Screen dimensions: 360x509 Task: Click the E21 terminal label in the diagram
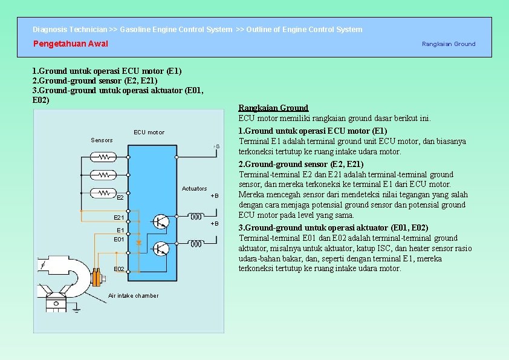click(x=118, y=217)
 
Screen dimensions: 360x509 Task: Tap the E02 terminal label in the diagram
click(x=118, y=269)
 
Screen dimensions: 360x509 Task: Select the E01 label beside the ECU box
click(x=118, y=240)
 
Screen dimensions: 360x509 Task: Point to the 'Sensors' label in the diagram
click(x=102, y=140)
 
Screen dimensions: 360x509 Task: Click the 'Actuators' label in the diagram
click(x=194, y=189)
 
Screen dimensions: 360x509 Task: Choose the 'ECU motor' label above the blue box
click(x=149, y=132)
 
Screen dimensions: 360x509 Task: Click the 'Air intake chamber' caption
click(x=133, y=296)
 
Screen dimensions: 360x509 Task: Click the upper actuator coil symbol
click(x=196, y=216)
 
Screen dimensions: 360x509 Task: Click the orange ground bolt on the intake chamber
click(x=96, y=279)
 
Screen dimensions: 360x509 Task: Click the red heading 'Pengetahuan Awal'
click(x=71, y=44)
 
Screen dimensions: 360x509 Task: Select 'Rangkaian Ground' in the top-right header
click(x=448, y=44)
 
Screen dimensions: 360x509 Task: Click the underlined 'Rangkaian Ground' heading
click(x=273, y=108)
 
